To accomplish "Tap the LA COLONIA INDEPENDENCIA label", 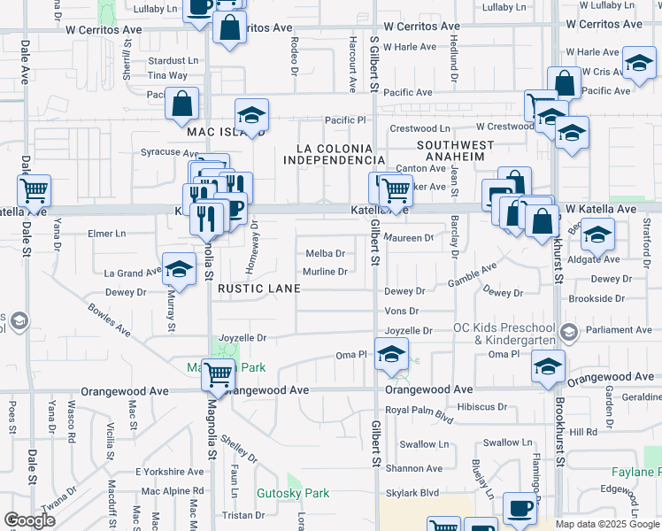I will [x=334, y=153].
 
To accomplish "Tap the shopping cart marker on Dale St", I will [x=34, y=189].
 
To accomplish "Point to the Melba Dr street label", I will [x=325, y=254].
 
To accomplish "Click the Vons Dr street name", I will [x=401, y=312].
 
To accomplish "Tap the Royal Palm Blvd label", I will [x=419, y=410].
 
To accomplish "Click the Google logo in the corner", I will [x=30, y=520].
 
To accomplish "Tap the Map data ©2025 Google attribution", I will [x=606, y=524].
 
